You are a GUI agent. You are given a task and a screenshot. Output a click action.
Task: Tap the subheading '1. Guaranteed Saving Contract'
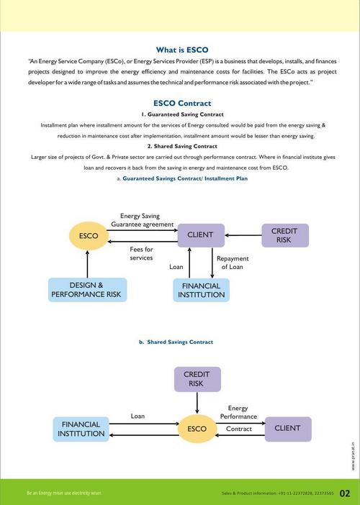pos(182,114)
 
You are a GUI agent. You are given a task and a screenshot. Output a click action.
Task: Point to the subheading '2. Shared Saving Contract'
pos(182,146)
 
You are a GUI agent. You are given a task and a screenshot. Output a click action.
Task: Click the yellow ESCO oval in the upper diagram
pos(88,235)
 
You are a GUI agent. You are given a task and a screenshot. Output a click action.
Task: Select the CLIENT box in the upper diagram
pos(201,235)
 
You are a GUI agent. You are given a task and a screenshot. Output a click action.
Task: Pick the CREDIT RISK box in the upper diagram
pos(284,235)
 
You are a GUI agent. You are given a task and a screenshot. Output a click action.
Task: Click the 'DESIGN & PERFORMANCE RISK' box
pos(87,290)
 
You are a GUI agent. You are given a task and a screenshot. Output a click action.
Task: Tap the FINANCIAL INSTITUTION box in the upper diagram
pos(201,290)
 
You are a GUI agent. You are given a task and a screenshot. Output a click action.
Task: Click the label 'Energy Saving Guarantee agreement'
pos(146,219)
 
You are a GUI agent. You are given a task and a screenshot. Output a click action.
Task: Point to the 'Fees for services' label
pos(141,253)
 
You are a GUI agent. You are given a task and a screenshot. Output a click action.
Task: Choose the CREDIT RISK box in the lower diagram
pos(197,379)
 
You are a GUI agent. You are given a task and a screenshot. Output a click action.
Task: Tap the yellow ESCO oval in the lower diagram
pos(197,429)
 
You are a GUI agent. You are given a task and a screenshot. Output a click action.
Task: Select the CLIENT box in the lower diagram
pos(287,429)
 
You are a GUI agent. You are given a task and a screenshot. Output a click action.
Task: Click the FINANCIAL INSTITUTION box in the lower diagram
pos(81,429)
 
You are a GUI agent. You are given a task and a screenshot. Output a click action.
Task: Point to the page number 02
pos(345,493)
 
